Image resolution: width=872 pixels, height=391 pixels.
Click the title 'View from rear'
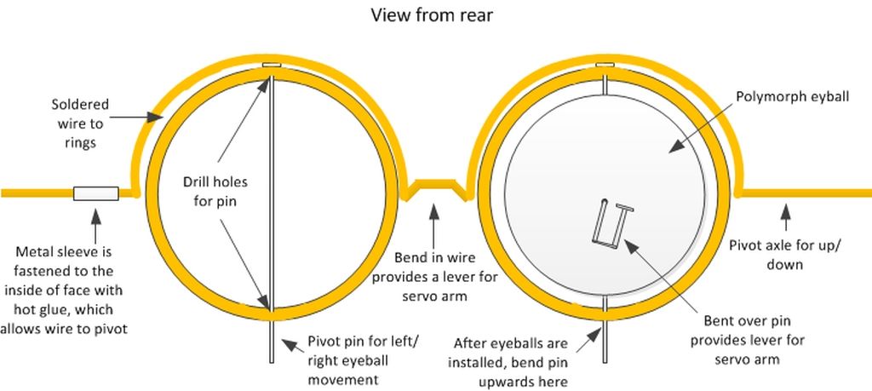tap(432, 15)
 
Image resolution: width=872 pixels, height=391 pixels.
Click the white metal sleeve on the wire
tap(95, 193)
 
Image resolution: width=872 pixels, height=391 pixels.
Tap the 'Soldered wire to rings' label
tap(80, 124)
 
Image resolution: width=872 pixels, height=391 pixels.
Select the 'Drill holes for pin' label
tap(215, 191)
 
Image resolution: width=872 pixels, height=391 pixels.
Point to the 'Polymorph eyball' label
tap(793, 97)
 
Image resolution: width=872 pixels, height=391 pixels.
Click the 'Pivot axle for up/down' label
tap(783, 254)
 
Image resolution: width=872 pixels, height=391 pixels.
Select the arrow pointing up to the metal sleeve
tap(95, 225)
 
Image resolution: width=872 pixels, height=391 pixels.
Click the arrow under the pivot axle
tap(785, 217)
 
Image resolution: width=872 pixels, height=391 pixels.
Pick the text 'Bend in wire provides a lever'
tap(435, 267)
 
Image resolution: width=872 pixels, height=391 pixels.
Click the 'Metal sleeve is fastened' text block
tap(63, 290)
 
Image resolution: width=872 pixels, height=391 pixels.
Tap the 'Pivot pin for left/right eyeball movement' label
tap(362, 360)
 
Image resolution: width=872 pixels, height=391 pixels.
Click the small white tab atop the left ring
tap(272, 65)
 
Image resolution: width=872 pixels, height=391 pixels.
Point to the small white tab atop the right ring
tap(605, 65)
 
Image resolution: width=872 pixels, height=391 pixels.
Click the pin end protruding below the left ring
tap(272, 342)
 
